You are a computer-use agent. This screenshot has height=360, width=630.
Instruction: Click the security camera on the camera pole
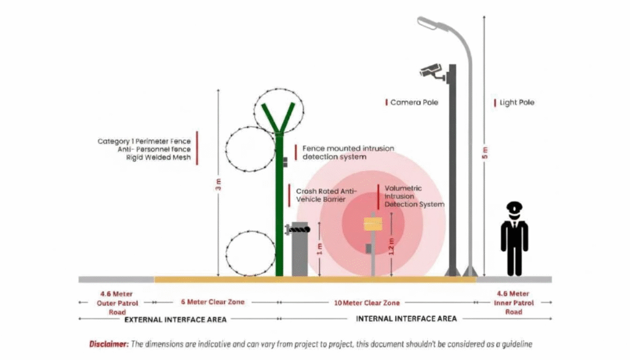[x=433, y=71]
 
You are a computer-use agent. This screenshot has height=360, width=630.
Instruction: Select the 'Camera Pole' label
[x=414, y=102]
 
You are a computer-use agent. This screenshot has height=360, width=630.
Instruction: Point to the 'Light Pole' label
[x=517, y=102]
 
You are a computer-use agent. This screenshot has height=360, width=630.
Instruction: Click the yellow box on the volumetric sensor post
[x=373, y=223]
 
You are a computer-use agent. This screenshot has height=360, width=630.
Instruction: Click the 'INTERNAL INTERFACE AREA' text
[x=406, y=318]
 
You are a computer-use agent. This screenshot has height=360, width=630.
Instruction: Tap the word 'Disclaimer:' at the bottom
[x=108, y=344]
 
